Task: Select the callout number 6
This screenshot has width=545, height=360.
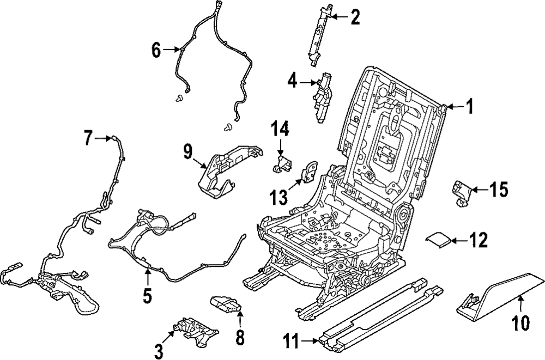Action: point(157,51)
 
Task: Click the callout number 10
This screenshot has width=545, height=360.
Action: point(521,323)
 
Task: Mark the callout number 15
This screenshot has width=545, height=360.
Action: point(499,190)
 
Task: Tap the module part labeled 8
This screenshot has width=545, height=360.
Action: point(226,306)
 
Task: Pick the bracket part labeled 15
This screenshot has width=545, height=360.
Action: point(460,192)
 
